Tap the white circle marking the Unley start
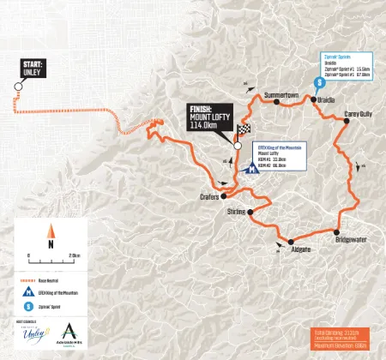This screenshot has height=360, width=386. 16,85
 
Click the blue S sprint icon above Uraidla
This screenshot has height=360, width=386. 320,82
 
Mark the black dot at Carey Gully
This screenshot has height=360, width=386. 346,122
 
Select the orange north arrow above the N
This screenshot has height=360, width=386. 51,230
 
